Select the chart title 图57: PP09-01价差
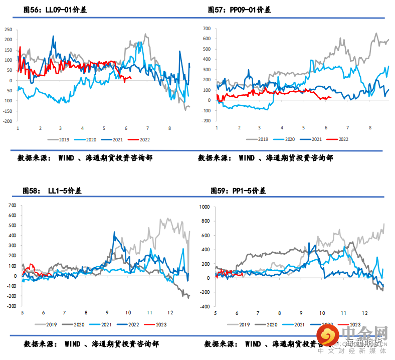pos(239,10)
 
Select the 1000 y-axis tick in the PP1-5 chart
pos(204,206)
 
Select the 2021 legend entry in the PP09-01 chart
pos(316,140)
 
